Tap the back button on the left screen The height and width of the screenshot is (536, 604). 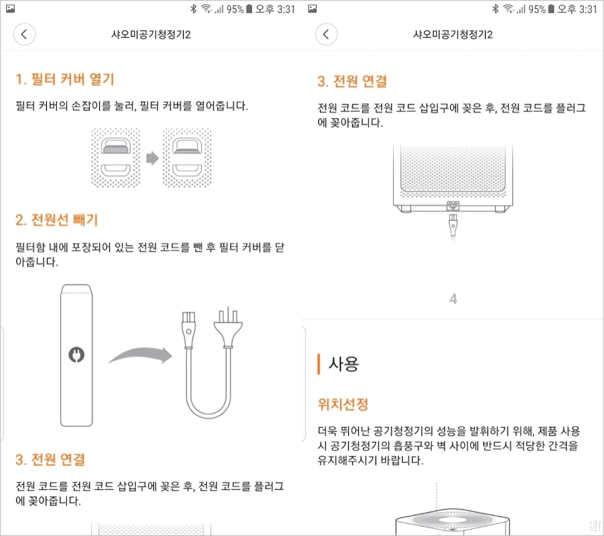point(24,34)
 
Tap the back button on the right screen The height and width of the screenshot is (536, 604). point(326,34)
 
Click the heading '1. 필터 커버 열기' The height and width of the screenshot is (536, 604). point(65,80)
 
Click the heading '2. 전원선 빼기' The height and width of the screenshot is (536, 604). point(57,220)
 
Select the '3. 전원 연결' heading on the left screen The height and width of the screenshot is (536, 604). point(50,459)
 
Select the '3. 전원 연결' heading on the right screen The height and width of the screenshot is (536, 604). point(352,81)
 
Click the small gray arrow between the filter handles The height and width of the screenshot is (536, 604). point(153,158)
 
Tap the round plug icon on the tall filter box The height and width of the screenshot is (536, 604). point(76,354)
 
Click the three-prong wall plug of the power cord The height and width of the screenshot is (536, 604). point(228,327)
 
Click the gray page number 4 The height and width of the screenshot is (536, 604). point(454,299)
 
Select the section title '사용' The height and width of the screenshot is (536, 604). point(343,364)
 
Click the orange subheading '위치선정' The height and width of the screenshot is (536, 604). point(343,405)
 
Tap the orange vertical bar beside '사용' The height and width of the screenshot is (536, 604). point(319,364)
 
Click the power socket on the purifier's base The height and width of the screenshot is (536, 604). point(453,206)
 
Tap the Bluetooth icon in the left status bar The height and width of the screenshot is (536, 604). point(193,9)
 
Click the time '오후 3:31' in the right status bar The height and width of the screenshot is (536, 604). point(577,9)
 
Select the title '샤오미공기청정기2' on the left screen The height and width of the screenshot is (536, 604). point(151,35)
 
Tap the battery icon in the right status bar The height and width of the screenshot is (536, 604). point(552,9)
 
